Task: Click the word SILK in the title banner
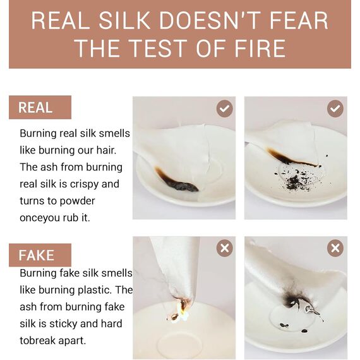[124, 20]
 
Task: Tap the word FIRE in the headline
[260, 49]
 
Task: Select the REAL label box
[40, 107]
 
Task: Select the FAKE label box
[40, 255]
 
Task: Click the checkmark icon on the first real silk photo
[225, 109]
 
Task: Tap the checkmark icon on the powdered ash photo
[335, 109]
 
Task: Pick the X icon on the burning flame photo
[225, 248]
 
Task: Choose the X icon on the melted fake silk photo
[335, 248]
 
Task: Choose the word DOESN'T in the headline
[210, 20]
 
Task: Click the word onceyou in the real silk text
[40, 218]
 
